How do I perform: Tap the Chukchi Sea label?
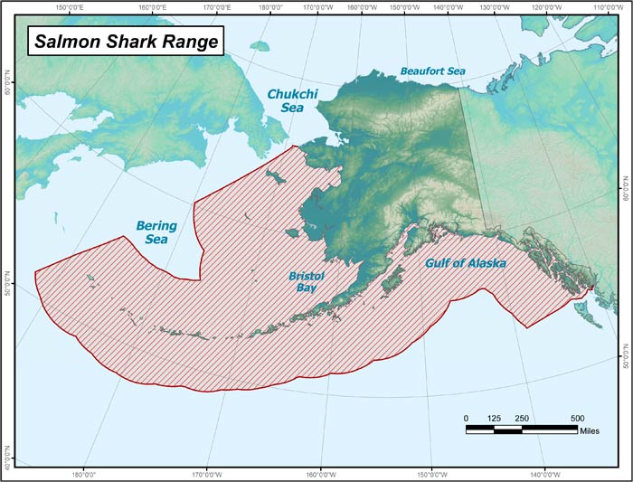pyautogui.click(x=288, y=100)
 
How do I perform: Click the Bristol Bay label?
pyautogui.click(x=307, y=281)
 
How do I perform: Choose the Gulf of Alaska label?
pyautogui.click(x=465, y=264)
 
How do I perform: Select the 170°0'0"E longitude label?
pyautogui.click(x=214, y=8)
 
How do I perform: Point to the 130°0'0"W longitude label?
pyautogui.click(x=496, y=8)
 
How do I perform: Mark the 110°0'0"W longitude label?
pyautogui.click(x=607, y=8)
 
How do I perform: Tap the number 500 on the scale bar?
pyautogui.click(x=577, y=418)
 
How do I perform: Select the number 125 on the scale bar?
pyautogui.click(x=494, y=418)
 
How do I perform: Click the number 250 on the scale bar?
pyautogui.click(x=522, y=418)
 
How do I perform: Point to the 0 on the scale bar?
pyautogui.click(x=467, y=418)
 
